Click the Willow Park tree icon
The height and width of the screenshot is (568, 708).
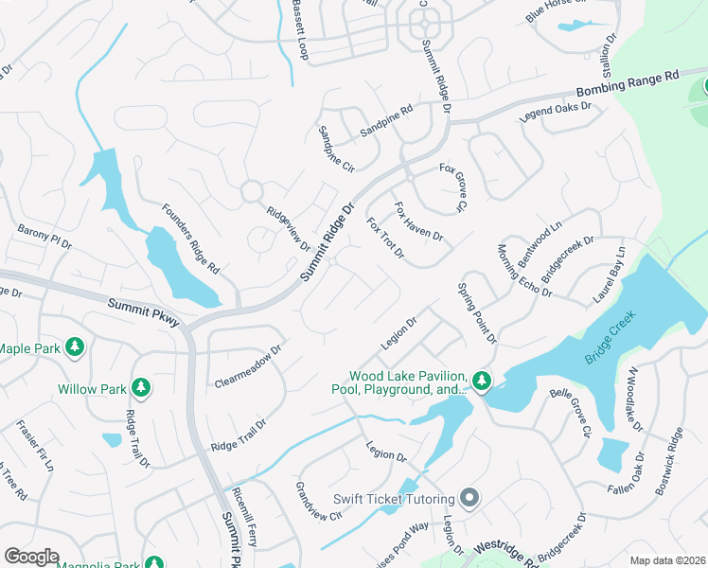(x=140, y=387)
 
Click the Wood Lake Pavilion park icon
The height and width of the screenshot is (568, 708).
(x=482, y=381)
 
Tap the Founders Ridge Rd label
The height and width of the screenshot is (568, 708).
(x=190, y=240)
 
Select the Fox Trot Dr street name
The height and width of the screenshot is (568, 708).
(x=385, y=240)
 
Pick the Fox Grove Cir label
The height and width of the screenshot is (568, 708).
(x=454, y=187)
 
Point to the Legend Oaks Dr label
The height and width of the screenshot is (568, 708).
(x=556, y=113)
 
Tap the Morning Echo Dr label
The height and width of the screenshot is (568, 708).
(x=524, y=271)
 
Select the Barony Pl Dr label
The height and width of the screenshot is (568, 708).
(x=44, y=237)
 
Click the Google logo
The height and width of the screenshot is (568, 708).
(x=31, y=557)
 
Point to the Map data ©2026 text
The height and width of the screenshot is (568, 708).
(x=666, y=560)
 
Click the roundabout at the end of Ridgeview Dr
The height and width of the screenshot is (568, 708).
(x=252, y=191)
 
